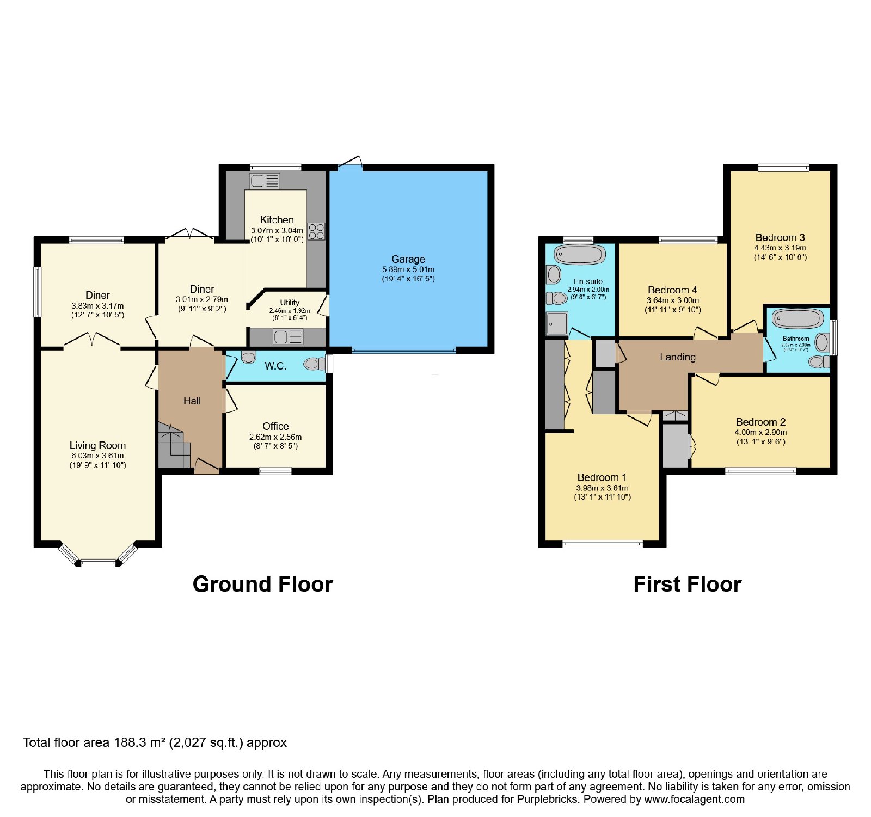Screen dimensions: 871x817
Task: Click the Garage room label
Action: pos(408,259)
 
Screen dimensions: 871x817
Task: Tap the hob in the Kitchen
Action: pos(316,231)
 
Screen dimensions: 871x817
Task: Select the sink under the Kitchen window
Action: pos(265,181)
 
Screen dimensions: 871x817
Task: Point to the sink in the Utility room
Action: pos(289,337)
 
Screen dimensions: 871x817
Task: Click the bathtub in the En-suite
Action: pos(580,254)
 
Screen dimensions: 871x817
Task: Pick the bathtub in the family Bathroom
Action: pos(798,318)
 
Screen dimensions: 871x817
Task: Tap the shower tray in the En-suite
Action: pos(557,323)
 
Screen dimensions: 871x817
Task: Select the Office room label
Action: pos(275,426)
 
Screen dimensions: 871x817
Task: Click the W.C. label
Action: pos(275,366)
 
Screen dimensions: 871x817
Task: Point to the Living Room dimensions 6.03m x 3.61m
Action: pos(97,456)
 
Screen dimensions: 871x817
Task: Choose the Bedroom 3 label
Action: pos(780,237)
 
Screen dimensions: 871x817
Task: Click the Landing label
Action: pos(678,357)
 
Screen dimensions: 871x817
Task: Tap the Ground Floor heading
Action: pos(262,584)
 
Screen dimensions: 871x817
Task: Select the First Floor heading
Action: pos(688,584)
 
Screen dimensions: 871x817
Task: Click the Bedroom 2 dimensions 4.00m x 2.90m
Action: pos(760,432)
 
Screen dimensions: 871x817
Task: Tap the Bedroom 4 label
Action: pos(672,290)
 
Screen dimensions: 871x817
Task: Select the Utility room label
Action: pos(290,303)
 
